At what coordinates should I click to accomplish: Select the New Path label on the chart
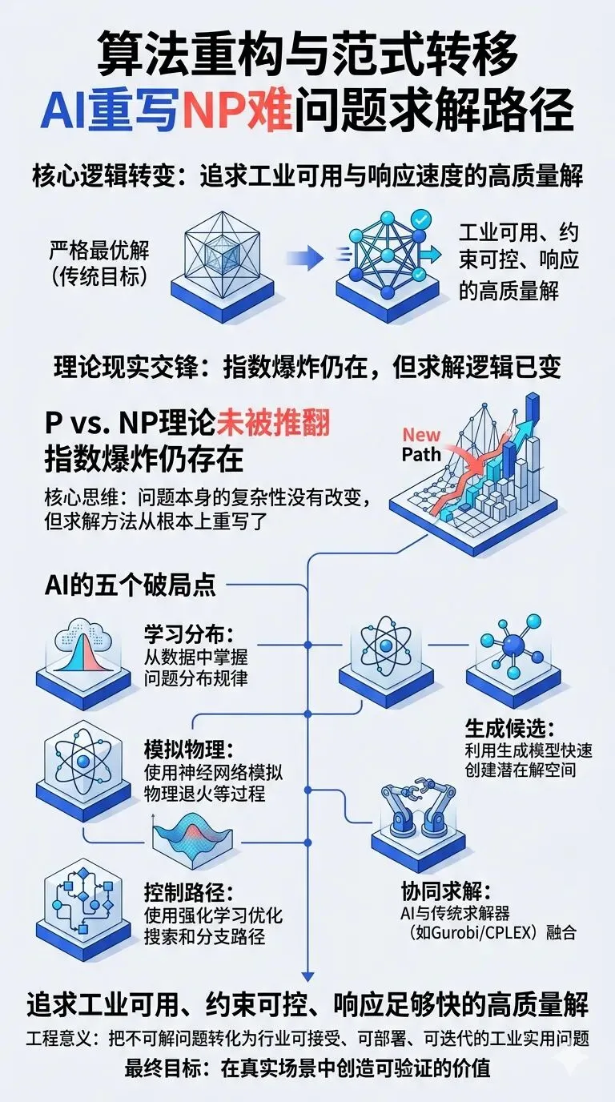point(421,444)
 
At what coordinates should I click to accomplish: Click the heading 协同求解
point(444,891)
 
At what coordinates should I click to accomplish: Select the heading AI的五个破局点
point(129,585)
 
